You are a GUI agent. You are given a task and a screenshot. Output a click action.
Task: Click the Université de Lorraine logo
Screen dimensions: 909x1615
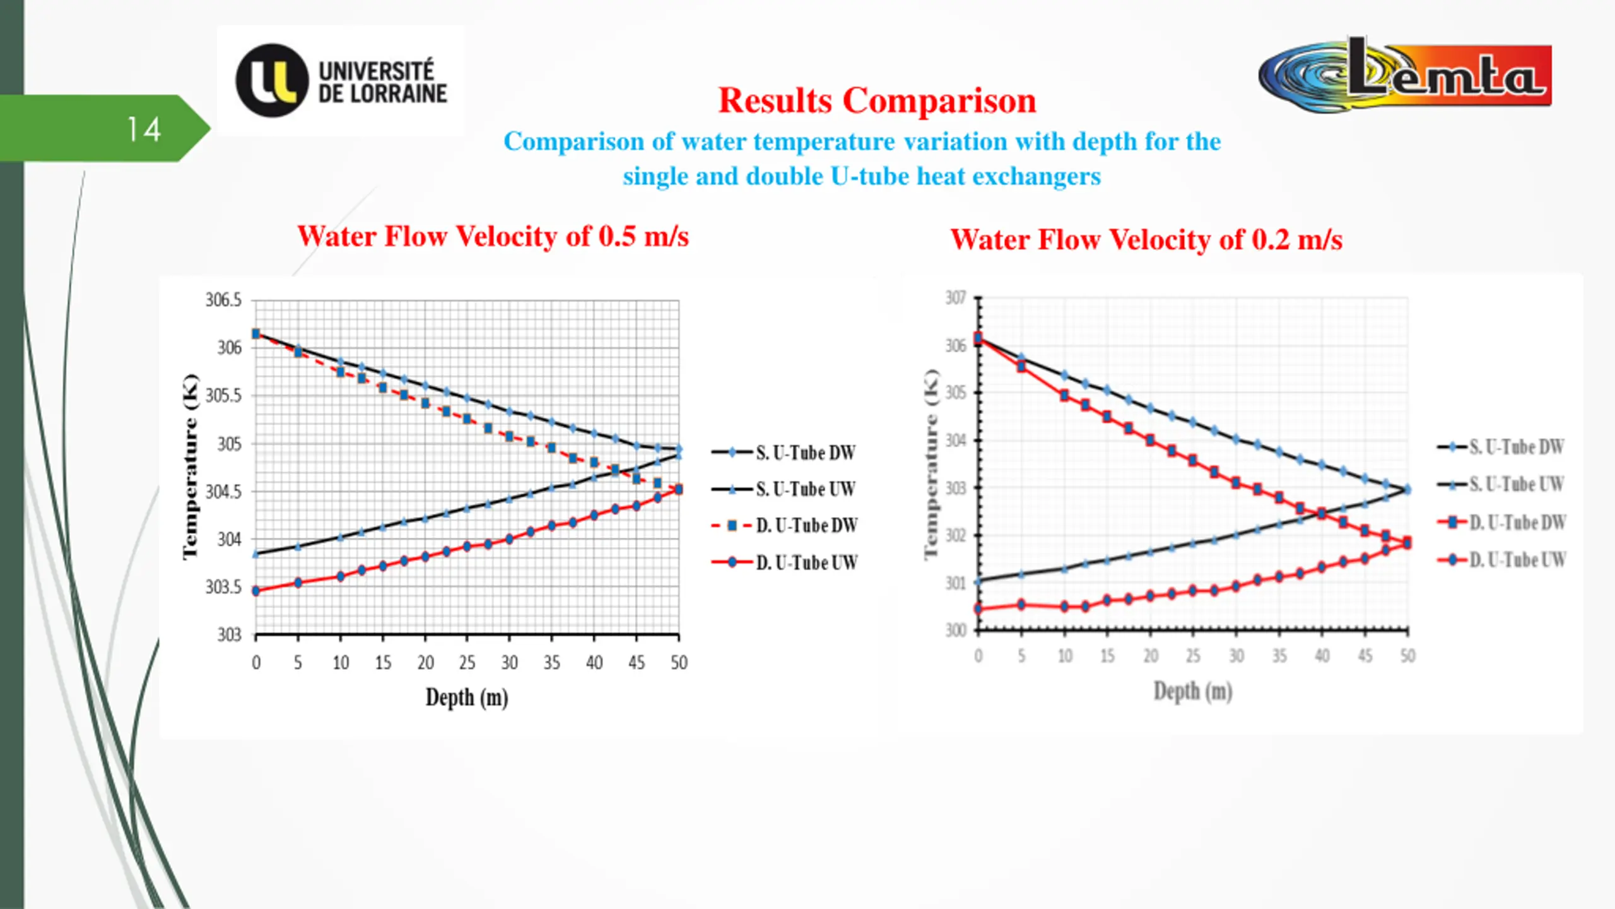(341, 81)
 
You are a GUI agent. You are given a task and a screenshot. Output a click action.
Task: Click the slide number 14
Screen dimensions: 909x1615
(144, 129)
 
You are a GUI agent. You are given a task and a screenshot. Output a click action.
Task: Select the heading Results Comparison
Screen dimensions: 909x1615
(877, 100)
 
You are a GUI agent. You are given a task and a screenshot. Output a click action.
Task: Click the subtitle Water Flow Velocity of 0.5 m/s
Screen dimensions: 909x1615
(493, 236)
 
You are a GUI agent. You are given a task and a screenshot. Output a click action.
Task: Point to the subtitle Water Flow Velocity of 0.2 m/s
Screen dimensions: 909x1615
(1146, 239)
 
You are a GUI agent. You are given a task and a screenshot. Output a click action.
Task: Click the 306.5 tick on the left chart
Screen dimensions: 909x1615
(223, 300)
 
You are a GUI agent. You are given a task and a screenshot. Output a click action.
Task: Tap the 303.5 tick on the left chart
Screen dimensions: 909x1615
(223, 587)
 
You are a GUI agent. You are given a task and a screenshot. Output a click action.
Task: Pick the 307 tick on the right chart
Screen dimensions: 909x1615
(955, 297)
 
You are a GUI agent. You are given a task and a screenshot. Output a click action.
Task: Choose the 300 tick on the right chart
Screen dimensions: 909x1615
(955, 630)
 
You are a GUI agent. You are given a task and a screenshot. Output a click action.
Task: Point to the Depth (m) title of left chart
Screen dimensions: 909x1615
(467, 698)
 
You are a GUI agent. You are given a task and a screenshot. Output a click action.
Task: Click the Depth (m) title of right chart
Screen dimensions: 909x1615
(1192, 691)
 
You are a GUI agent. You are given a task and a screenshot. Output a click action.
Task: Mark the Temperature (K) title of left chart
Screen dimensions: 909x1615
(190, 467)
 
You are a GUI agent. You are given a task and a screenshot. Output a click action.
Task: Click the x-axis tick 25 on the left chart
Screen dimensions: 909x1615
(467, 662)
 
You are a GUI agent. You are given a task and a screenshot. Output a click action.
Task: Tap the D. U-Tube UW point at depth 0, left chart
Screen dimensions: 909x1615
(255, 591)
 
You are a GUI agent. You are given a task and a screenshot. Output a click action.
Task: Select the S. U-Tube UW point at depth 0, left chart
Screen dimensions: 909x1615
(255, 554)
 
